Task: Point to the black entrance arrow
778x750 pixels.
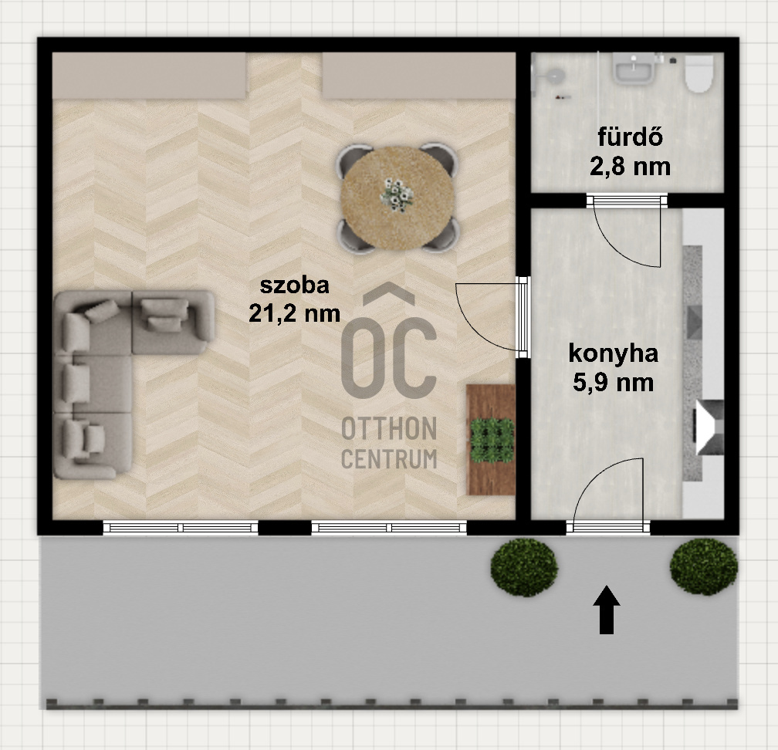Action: click(608, 610)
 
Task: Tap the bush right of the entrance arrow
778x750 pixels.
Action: click(703, 566)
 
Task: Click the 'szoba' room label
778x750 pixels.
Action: click(295, 285)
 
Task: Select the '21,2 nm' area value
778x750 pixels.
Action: click(295, 312)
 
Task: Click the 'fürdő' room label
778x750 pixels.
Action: click(630, 139)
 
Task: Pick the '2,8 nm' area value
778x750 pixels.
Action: click(630, 165)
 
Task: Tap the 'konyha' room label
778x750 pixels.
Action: click(613, 354)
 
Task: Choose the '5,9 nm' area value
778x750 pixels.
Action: click(613, 381)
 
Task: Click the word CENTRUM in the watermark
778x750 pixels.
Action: click(389, 459)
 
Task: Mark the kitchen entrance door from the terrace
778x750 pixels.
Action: click(609, 494)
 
